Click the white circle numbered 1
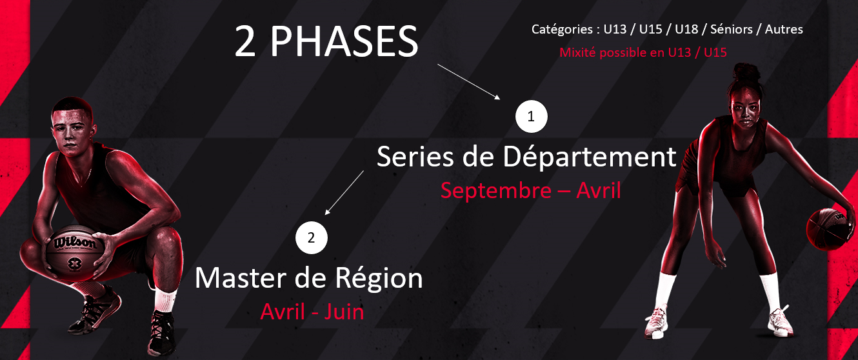[x=532, y=116]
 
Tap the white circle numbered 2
[x=312, y=238]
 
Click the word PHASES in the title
[x=344, y=41]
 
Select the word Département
[x=590, y=157]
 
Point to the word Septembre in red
[x=496, y=190]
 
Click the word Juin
[x=344, y=312]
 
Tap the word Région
[x=379, y=279]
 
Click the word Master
[x=241, y=279]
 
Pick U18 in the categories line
[x=686, y=30]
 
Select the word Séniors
[x=731, y=30]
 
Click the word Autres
[x=784, y=30]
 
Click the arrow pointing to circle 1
[x=469, y=81]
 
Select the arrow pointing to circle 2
[x=344, y=193]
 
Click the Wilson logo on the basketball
[x=75, y=243]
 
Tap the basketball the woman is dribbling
[x=829, y=229]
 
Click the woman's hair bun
[x=746, y=73]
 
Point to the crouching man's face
[x=71, y=132]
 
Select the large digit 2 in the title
[x=245, y=41]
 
